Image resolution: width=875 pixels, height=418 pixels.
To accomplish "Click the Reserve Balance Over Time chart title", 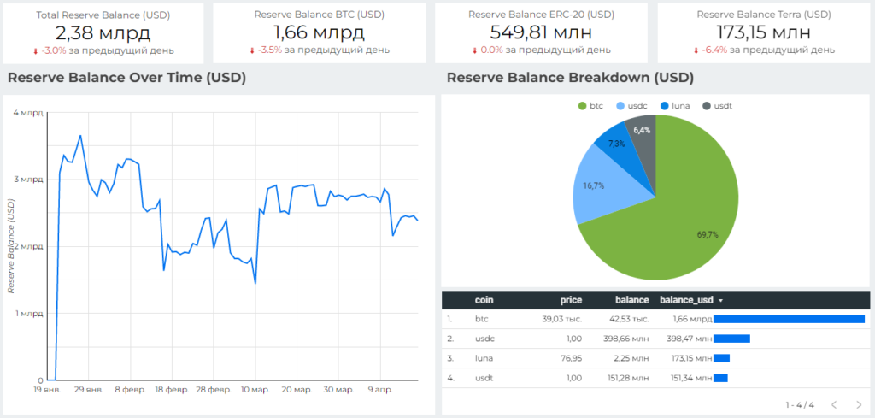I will (x=126, y=78).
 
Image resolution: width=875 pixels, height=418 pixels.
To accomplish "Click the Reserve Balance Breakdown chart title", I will (x=570, y=78).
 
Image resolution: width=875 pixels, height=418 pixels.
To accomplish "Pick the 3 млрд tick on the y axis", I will (x=32, y=180).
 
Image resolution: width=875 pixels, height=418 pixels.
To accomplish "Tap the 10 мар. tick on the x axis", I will (x=255, y=390).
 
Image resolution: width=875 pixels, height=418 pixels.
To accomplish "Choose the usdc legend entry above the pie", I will (x=634, y=106).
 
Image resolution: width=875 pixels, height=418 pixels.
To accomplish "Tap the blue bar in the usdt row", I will (x=719, y=378).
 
